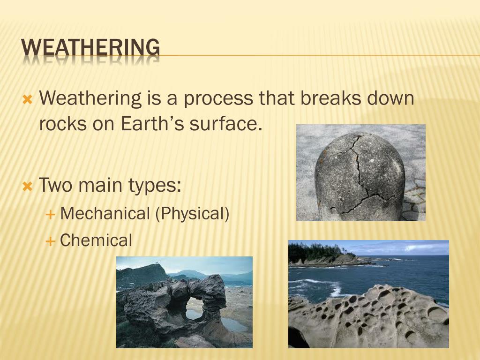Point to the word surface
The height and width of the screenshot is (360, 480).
point(225,123)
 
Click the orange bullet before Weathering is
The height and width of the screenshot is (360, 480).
point(28,99)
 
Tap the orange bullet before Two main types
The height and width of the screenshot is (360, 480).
point(28,186)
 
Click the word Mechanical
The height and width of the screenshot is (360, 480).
point(105,213)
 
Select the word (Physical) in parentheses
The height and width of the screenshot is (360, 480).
point(192,214)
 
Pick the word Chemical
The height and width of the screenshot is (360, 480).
point(96,240)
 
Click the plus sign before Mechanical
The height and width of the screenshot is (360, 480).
point(50,214)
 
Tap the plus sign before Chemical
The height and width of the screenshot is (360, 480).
point(50,241)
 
